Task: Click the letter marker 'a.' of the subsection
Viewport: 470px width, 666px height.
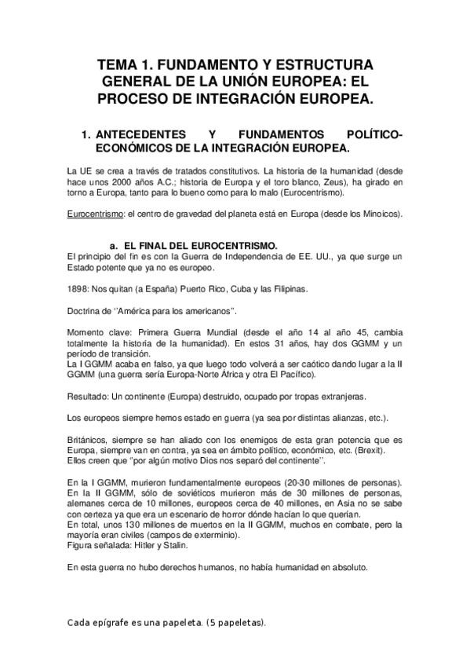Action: (x=116, y=245)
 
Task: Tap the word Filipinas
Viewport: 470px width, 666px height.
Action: (x=287, y=289)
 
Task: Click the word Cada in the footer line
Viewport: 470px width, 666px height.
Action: (x=79, y=623)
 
